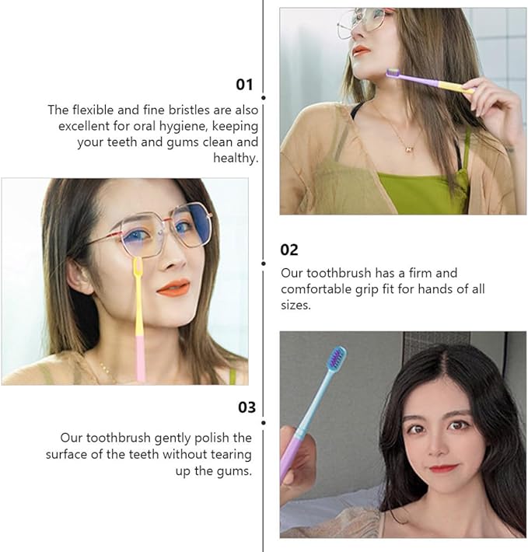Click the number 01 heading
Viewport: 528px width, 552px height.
245,84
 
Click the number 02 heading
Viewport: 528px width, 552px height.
289,250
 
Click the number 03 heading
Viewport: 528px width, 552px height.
247,407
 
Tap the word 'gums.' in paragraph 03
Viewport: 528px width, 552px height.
235,471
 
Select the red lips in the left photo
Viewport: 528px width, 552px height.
173,288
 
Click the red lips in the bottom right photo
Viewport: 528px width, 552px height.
442,469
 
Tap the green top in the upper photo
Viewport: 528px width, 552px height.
420,191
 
